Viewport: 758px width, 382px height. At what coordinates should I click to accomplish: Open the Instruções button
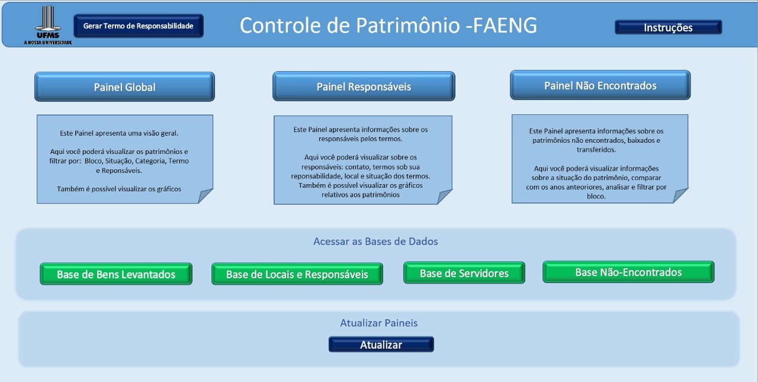(668, 27)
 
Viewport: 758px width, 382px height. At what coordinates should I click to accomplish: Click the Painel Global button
(124, 87)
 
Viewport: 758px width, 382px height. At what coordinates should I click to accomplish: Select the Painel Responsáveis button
(364, 87)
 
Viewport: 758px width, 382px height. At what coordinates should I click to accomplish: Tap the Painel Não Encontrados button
(600, 86)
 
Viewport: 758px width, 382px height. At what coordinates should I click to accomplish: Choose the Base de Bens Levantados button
(116, 274)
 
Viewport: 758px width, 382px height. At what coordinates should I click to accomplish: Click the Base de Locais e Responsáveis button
(297, 274)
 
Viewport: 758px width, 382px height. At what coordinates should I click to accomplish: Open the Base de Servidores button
(464, 273)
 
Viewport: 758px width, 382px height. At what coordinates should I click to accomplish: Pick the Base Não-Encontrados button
(628, 272)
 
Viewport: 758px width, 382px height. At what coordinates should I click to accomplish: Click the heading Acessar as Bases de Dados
(375, 242)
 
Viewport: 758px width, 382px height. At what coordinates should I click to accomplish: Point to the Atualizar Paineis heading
(378, 323)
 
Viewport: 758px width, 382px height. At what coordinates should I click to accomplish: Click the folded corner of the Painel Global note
(205, 195)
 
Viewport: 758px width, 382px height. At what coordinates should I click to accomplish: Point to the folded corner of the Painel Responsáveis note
(444, 197)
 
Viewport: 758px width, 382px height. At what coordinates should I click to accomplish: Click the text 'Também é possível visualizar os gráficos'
(119, 189)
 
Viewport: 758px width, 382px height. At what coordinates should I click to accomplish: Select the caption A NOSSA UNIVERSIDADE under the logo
(48, 43)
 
